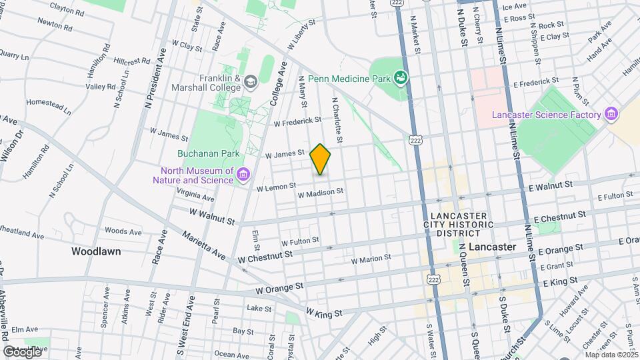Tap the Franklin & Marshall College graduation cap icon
click(251, 82)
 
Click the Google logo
click(22, 351)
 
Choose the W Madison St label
click(320, 193)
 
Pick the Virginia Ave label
click(195, 194)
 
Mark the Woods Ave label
click(123, 231)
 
